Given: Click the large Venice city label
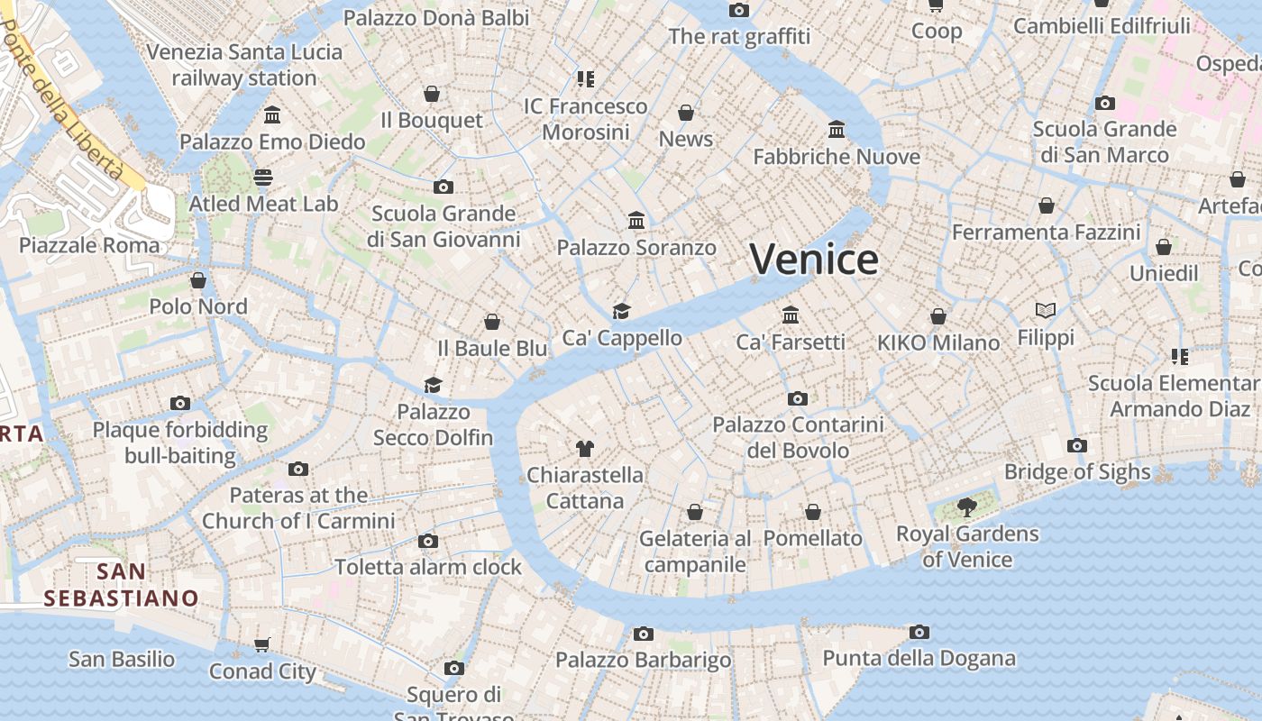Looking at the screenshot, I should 814,260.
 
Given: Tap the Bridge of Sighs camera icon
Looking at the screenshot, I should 1076,445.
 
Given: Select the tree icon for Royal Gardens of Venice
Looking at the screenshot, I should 967,507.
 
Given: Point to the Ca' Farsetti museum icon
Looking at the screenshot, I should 791,315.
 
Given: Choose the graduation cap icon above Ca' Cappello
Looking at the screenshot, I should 621,311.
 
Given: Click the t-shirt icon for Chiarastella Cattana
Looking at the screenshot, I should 585,448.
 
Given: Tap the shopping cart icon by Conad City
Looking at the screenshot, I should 262,644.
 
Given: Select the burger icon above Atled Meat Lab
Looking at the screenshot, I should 263,177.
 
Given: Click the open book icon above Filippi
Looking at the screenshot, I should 1046,311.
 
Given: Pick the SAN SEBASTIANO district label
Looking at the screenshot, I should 121,584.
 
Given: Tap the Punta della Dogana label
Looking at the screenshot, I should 919,659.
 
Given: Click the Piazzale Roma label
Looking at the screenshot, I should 89,245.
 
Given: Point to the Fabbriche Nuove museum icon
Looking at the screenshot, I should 837,130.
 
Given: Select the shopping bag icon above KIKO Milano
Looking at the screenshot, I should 938,316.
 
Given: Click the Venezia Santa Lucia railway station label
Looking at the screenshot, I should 244,65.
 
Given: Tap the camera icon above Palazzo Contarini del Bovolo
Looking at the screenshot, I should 797,398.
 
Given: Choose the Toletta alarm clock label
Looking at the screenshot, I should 428,567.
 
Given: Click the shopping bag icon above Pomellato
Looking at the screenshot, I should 813,512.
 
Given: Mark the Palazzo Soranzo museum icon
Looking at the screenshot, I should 636,221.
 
